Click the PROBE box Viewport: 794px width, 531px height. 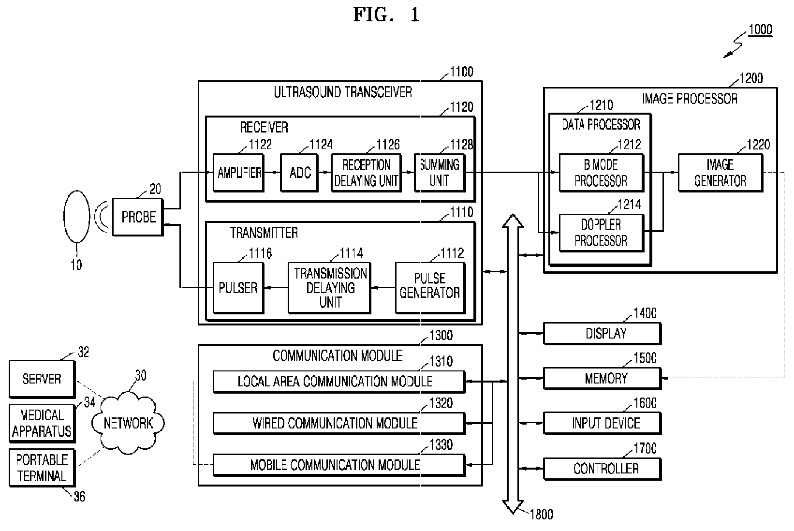tap(138, 217)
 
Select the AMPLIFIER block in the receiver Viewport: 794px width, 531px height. tap(238, 173)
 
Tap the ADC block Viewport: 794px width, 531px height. tap(299, 173)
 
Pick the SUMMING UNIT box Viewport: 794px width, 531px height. tap(440, 173)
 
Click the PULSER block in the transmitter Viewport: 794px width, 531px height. tap(238, 288)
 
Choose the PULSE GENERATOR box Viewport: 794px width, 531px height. tap(430, 288)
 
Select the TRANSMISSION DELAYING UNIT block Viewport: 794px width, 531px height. tap(329, 288)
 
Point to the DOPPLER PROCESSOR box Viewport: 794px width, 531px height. tap(601, 233)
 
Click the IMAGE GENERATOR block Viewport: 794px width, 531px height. tap(720, 173)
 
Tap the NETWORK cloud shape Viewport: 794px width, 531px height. tap(128, 423)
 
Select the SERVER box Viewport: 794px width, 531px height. tap(42, 379)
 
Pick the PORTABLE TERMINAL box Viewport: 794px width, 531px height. tap(42, 468)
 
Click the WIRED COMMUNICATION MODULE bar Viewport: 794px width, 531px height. tap(339, 423)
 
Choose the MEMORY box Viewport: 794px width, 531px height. tap(602, 379)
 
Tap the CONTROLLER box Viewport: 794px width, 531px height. tap(602, 469)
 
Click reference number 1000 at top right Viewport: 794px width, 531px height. tap(760, 29)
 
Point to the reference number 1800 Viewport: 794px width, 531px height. tap(541, 515)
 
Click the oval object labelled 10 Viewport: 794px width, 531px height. tap(76, 217)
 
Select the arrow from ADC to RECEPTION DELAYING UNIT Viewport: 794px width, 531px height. tap(324, 172)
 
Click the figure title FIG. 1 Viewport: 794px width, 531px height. tap(386, 15)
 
